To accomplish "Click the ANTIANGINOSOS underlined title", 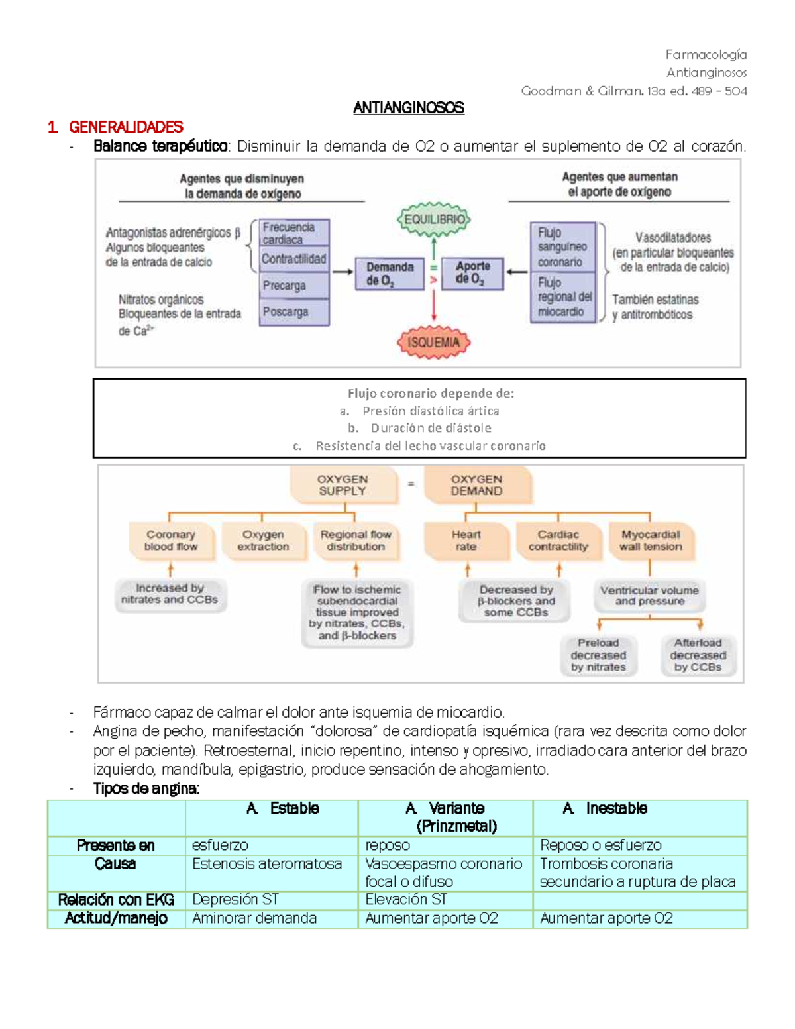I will pyautogui.click(x=408, y=108).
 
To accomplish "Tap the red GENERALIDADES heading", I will pyautogui.click(x=126, y=127).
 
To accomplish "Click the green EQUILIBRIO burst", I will pyautogui.click(x=434, y=219).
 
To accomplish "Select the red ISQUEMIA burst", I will pyautogui.click(x=433, y=342).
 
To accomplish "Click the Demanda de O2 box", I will pyautogui.click(x=390, y=274).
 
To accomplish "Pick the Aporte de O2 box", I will pyautogui.click(x=472, y=273).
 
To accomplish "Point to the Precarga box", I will pyautogui.click(x=294, y=286).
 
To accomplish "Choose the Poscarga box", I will pyautogui.click(x=294, y=312).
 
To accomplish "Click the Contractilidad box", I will pyautogui.click(x=294, y=259).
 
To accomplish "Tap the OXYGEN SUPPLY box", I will pyautogui.click(x=343, y=485).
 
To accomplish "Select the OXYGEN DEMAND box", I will pyautogui.click(x=476, y=485).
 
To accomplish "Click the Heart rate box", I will pyautogui.click(x=466, y=541).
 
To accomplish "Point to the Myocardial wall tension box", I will pyautogui.click(x=650, y=541).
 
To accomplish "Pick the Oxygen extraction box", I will pyautogui.click(x=263, y=541).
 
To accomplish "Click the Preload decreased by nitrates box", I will pyautogui.click(x=598, y=655).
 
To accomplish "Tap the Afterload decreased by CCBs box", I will pyautogui.click(x=698, y=655).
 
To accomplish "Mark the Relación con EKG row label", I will pyautogui.click(x=116, y=900).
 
